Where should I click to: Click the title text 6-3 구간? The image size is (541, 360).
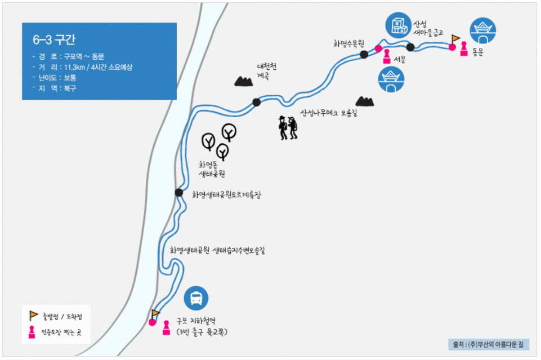click(x=54, y=40)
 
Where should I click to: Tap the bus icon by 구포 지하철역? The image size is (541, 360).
click(x=196, y=298)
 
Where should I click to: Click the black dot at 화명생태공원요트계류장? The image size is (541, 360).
click(x=179, y=193)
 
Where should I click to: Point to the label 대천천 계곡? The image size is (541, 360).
click(x=266, y=70)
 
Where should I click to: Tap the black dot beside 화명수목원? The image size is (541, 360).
click(x=364, y=54)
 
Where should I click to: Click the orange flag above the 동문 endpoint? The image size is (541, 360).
click(x=456, y=38)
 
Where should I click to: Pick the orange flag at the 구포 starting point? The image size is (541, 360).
click(x=156, y=313)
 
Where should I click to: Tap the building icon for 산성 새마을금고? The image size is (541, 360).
click(x=399, y=25)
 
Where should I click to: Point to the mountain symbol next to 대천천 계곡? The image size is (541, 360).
click(x=244, y=81)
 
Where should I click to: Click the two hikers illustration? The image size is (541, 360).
click(x=288, y=128)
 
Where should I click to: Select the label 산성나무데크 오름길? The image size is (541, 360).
click(x=329, y=113)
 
